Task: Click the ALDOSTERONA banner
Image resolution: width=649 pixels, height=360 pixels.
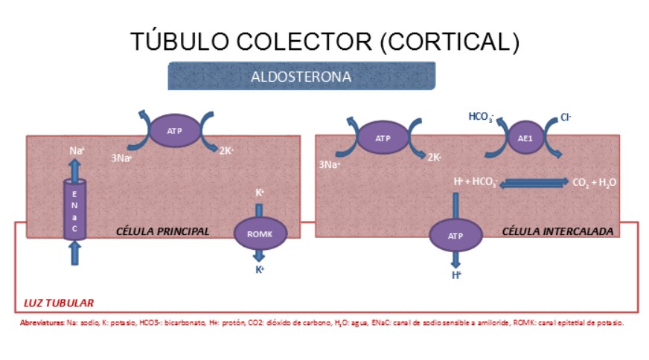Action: coord(301,77)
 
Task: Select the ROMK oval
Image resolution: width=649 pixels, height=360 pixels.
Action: coord(260,234)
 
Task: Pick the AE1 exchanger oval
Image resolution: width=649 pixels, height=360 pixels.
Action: coord(525,138)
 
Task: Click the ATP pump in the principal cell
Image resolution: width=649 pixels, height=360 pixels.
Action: coord(175,131)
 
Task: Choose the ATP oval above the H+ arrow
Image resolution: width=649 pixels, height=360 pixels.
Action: coord(455,235)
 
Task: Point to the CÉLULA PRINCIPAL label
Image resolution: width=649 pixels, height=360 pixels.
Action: coord(163,231)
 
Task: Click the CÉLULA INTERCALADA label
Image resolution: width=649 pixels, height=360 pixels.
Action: coord(558,231)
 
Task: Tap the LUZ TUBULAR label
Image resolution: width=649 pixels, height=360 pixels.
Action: coord(55,303)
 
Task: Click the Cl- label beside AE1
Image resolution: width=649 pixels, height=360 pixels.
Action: coord(566,118)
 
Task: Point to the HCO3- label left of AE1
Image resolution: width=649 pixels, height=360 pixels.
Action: coord(481,117)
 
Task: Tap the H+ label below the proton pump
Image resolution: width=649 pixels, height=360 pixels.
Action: coord(456,274)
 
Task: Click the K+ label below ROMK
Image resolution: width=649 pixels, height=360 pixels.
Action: coord(260,269)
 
